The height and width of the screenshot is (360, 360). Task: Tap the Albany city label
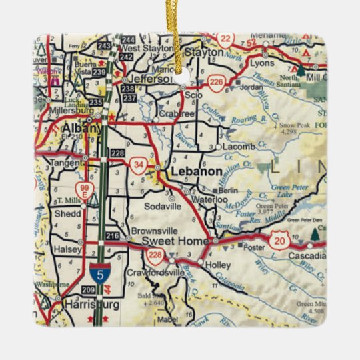click(x=82, y=128)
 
